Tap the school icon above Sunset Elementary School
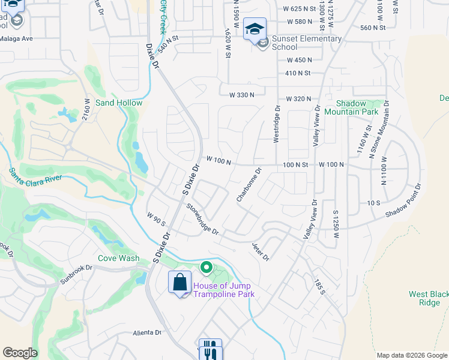pos(255,29)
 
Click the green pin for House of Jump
pos(206,267)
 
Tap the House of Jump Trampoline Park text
pos(223,290)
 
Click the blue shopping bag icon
pos(179,282)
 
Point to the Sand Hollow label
pos(119,103)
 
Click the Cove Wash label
pos(119,259)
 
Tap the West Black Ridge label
pos(427,298)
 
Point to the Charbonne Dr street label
pos(249,185)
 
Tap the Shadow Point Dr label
pos(403,201)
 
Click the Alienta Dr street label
pos(147,332)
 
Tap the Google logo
pos(20,353)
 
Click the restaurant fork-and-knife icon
pos(210,349)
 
